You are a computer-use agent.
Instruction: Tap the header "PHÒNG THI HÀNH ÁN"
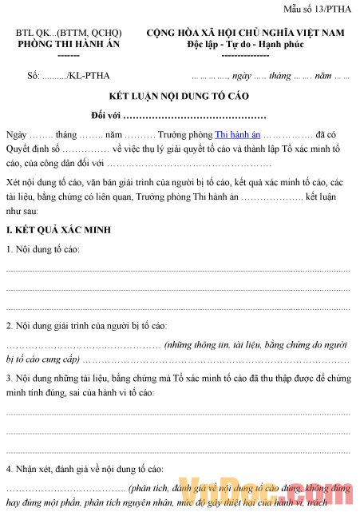click(69, 45)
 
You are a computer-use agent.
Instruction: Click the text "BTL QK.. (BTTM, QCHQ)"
click(69, 34)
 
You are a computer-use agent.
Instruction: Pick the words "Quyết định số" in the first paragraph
click(32, 149)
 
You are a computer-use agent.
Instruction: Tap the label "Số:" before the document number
click(34, 77)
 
